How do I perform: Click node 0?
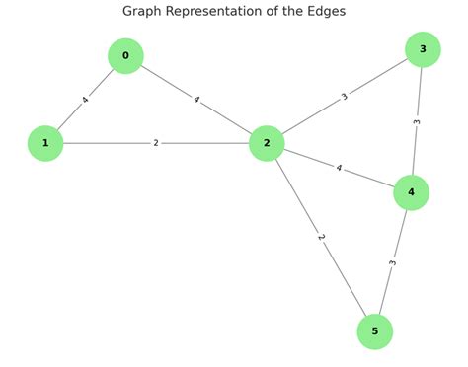click(125, 56)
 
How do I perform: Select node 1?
click(45, 143)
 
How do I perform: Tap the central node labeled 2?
click(267, 143)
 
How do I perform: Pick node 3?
click(423, 49)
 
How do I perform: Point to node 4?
click(411, 192)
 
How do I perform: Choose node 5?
click(374, 331)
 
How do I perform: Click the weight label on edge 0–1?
click(86, 100)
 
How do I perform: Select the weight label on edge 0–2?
click(196, 100)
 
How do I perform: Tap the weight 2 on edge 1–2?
click(156, 143)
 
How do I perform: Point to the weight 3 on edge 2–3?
click(345, 97)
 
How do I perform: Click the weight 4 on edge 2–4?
click(339, 168)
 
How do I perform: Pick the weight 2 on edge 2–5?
click(321, 238)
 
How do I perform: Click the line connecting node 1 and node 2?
click(109, 143)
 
